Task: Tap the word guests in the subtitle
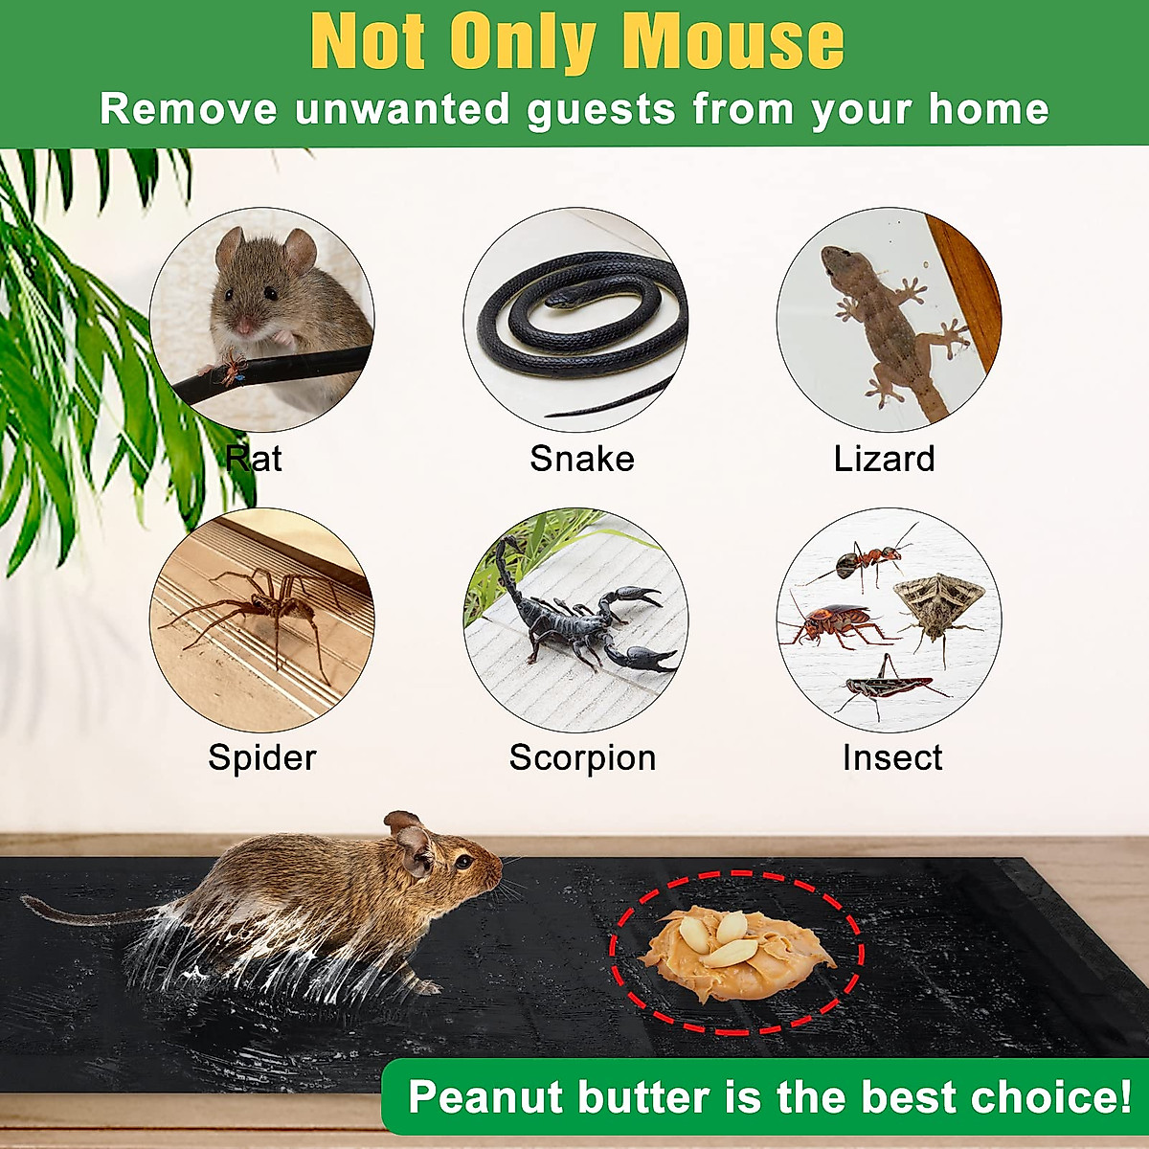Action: (x=601, y=110)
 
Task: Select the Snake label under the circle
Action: (x=582, y=459)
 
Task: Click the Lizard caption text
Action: (x=884, y=459)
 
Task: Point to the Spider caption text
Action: (x=261, y=757)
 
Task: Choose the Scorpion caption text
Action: (x=582, y=757)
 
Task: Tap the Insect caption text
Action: (x=891, y=757)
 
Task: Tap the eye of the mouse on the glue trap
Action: (x=462, y=862)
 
